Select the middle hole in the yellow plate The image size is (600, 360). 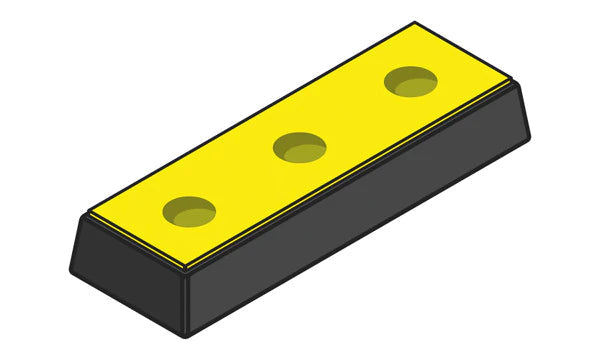(x=300, y=148)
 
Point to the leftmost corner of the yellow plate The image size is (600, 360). (x=90, y=213)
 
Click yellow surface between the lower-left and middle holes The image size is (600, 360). (x=245, y=180)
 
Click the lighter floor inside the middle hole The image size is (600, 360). (x=303, y=152)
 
